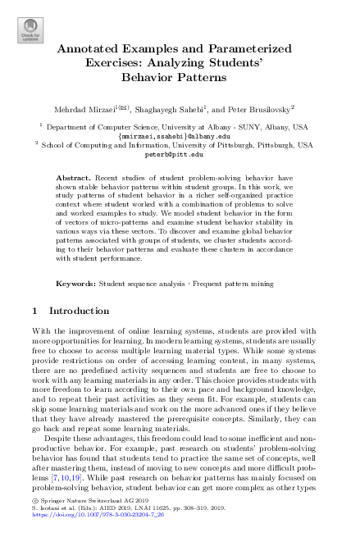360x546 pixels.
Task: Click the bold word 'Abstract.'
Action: (75, 177)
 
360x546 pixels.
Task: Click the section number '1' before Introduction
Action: (33, 312)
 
